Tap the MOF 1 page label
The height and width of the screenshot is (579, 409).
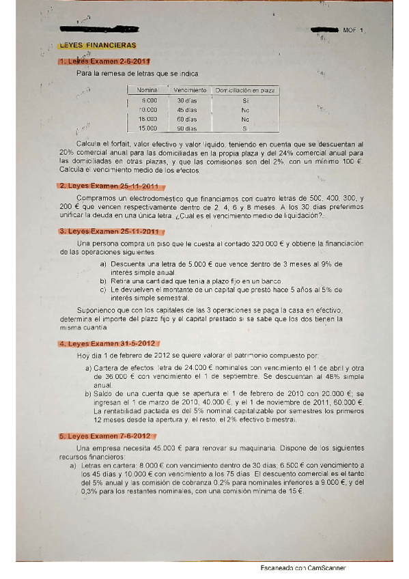point(354,30)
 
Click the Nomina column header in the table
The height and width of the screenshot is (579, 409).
point(147,90)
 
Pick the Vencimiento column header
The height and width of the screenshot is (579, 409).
point(190,90)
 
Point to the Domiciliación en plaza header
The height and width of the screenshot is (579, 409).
point(244,90)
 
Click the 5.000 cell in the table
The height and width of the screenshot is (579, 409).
point(149,100)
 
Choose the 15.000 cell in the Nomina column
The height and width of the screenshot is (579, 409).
point(147,128)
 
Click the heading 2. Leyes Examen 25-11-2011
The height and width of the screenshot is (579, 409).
point(109,186)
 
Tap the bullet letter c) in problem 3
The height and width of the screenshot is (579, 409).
point(103,289)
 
